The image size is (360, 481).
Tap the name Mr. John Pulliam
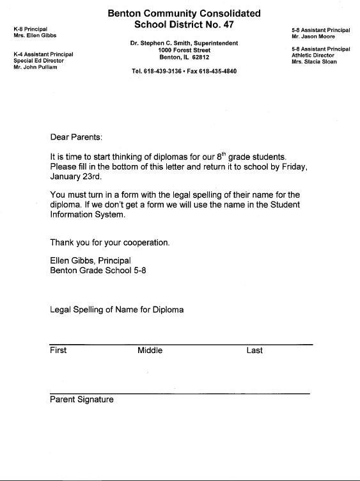click(x=36, y=67)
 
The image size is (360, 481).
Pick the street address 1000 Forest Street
click(x=184, y=50)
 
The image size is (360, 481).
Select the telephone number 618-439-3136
click(x=161, y=72)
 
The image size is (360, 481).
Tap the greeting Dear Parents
click(x=75, y=137)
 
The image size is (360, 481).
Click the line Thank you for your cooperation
click(x=109, y=243)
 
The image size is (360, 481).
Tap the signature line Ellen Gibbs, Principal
click(x=90, y=260)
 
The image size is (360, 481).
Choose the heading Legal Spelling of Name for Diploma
click(x=116, y=310)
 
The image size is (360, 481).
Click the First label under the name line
click(x=58, y=351)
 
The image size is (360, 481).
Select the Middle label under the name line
click(x=150, y=351)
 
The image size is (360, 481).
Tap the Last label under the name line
click(x=254, y=351)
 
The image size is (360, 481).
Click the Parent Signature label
click(x=82, y=400)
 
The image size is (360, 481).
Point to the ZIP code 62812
click(x=198, y=56)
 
